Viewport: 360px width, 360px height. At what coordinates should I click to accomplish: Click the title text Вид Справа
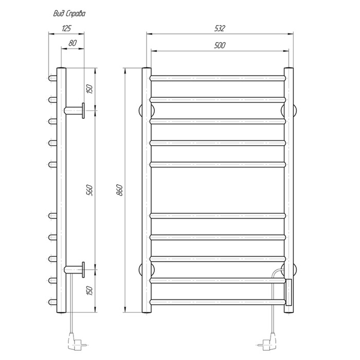pos(69,14)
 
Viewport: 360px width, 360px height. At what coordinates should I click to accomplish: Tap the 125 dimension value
pos(66,28)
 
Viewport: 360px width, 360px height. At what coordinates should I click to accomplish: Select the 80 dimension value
pos(73,43)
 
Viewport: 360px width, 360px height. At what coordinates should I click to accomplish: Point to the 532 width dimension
pos(220,28)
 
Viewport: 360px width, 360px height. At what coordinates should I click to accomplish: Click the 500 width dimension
pos(220,45)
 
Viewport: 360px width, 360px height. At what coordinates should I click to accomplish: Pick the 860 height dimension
pos(121,190)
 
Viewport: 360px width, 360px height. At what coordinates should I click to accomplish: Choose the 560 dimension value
pos(90,190)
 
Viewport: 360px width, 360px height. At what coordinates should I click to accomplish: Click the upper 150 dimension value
pos(90,89)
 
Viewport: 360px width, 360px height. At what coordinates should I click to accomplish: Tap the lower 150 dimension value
pos(90,291)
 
